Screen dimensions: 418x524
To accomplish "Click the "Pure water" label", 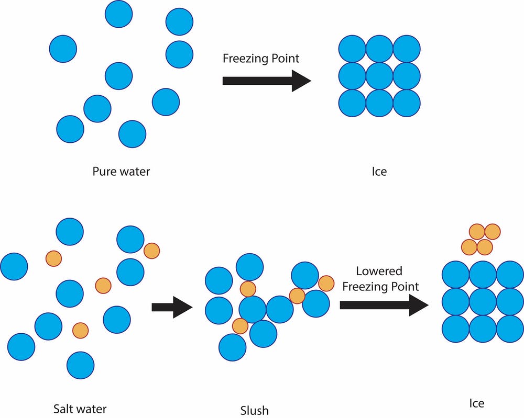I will coord(121,171).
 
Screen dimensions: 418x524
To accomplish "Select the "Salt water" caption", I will coord(80,408).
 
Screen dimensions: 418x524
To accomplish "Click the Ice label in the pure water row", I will coord(379,171).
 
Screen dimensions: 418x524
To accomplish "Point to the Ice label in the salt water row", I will coord(476,403).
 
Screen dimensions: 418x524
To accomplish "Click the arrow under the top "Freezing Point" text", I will coord(267,81).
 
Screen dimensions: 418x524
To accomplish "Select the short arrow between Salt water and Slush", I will coord(172,307).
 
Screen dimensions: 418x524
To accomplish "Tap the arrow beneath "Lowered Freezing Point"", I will coord(384,305).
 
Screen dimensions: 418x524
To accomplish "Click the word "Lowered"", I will coord(379,271).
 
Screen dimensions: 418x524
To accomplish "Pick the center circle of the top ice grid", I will coord(379,76).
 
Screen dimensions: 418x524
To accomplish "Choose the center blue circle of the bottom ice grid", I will coord(483,302).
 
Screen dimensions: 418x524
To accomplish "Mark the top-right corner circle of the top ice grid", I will coord(407,49).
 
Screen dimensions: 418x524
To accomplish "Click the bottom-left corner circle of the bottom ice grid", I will coord(455,329).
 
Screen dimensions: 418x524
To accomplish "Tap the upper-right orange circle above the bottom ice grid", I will coord(493,231).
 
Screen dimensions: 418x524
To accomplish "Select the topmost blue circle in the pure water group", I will coord(118,14).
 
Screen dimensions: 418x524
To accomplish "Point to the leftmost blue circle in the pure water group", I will coord(63,49).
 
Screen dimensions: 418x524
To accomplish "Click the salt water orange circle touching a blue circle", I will coord(151,251).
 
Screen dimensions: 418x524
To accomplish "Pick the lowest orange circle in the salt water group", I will coord(80,330).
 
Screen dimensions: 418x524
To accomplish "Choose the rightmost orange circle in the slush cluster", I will coord(326,283).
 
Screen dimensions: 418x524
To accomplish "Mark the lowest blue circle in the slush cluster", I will coord(232,347).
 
